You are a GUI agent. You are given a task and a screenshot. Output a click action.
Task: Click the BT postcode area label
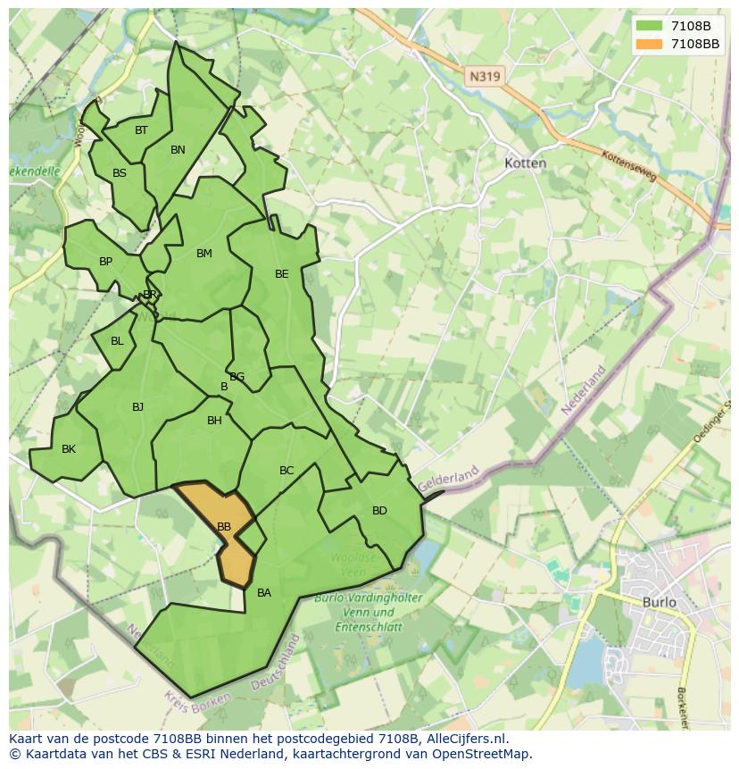[x=141, y=130]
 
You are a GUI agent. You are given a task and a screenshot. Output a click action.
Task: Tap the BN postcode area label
[x=178, y=150]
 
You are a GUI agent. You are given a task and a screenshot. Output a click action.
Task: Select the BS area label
[x=120, y=173]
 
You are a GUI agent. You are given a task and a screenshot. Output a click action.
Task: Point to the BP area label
[x=105, y=262]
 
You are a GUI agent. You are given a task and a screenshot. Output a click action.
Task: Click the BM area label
[x=204, y=254]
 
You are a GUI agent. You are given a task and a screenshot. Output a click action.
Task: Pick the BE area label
[x=281, y=274]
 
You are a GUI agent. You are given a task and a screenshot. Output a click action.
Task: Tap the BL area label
[x=117, y=341]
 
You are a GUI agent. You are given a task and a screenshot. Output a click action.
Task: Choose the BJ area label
[x=137, y=407]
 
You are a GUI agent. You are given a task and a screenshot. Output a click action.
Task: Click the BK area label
[x=69, y=449]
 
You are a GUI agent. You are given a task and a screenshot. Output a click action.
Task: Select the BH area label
[x=214, y=421]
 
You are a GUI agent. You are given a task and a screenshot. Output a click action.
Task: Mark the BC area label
[x=286, y=471]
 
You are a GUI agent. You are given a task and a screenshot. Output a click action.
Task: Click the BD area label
[x=379, y=511]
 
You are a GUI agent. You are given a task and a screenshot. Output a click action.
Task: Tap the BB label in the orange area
[x=224, y=527]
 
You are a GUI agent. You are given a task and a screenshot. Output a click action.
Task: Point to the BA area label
[x=264, y=593]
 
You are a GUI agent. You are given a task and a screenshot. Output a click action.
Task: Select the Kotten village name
[x=525, y=163]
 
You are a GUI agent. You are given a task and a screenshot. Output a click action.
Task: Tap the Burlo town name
[x=660, y=602]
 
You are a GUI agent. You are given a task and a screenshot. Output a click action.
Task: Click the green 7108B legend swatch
[x=649, y=26]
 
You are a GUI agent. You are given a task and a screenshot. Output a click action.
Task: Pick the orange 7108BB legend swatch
[x=649, y=44]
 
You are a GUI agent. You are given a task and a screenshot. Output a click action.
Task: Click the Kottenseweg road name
[x=630, y=166]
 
